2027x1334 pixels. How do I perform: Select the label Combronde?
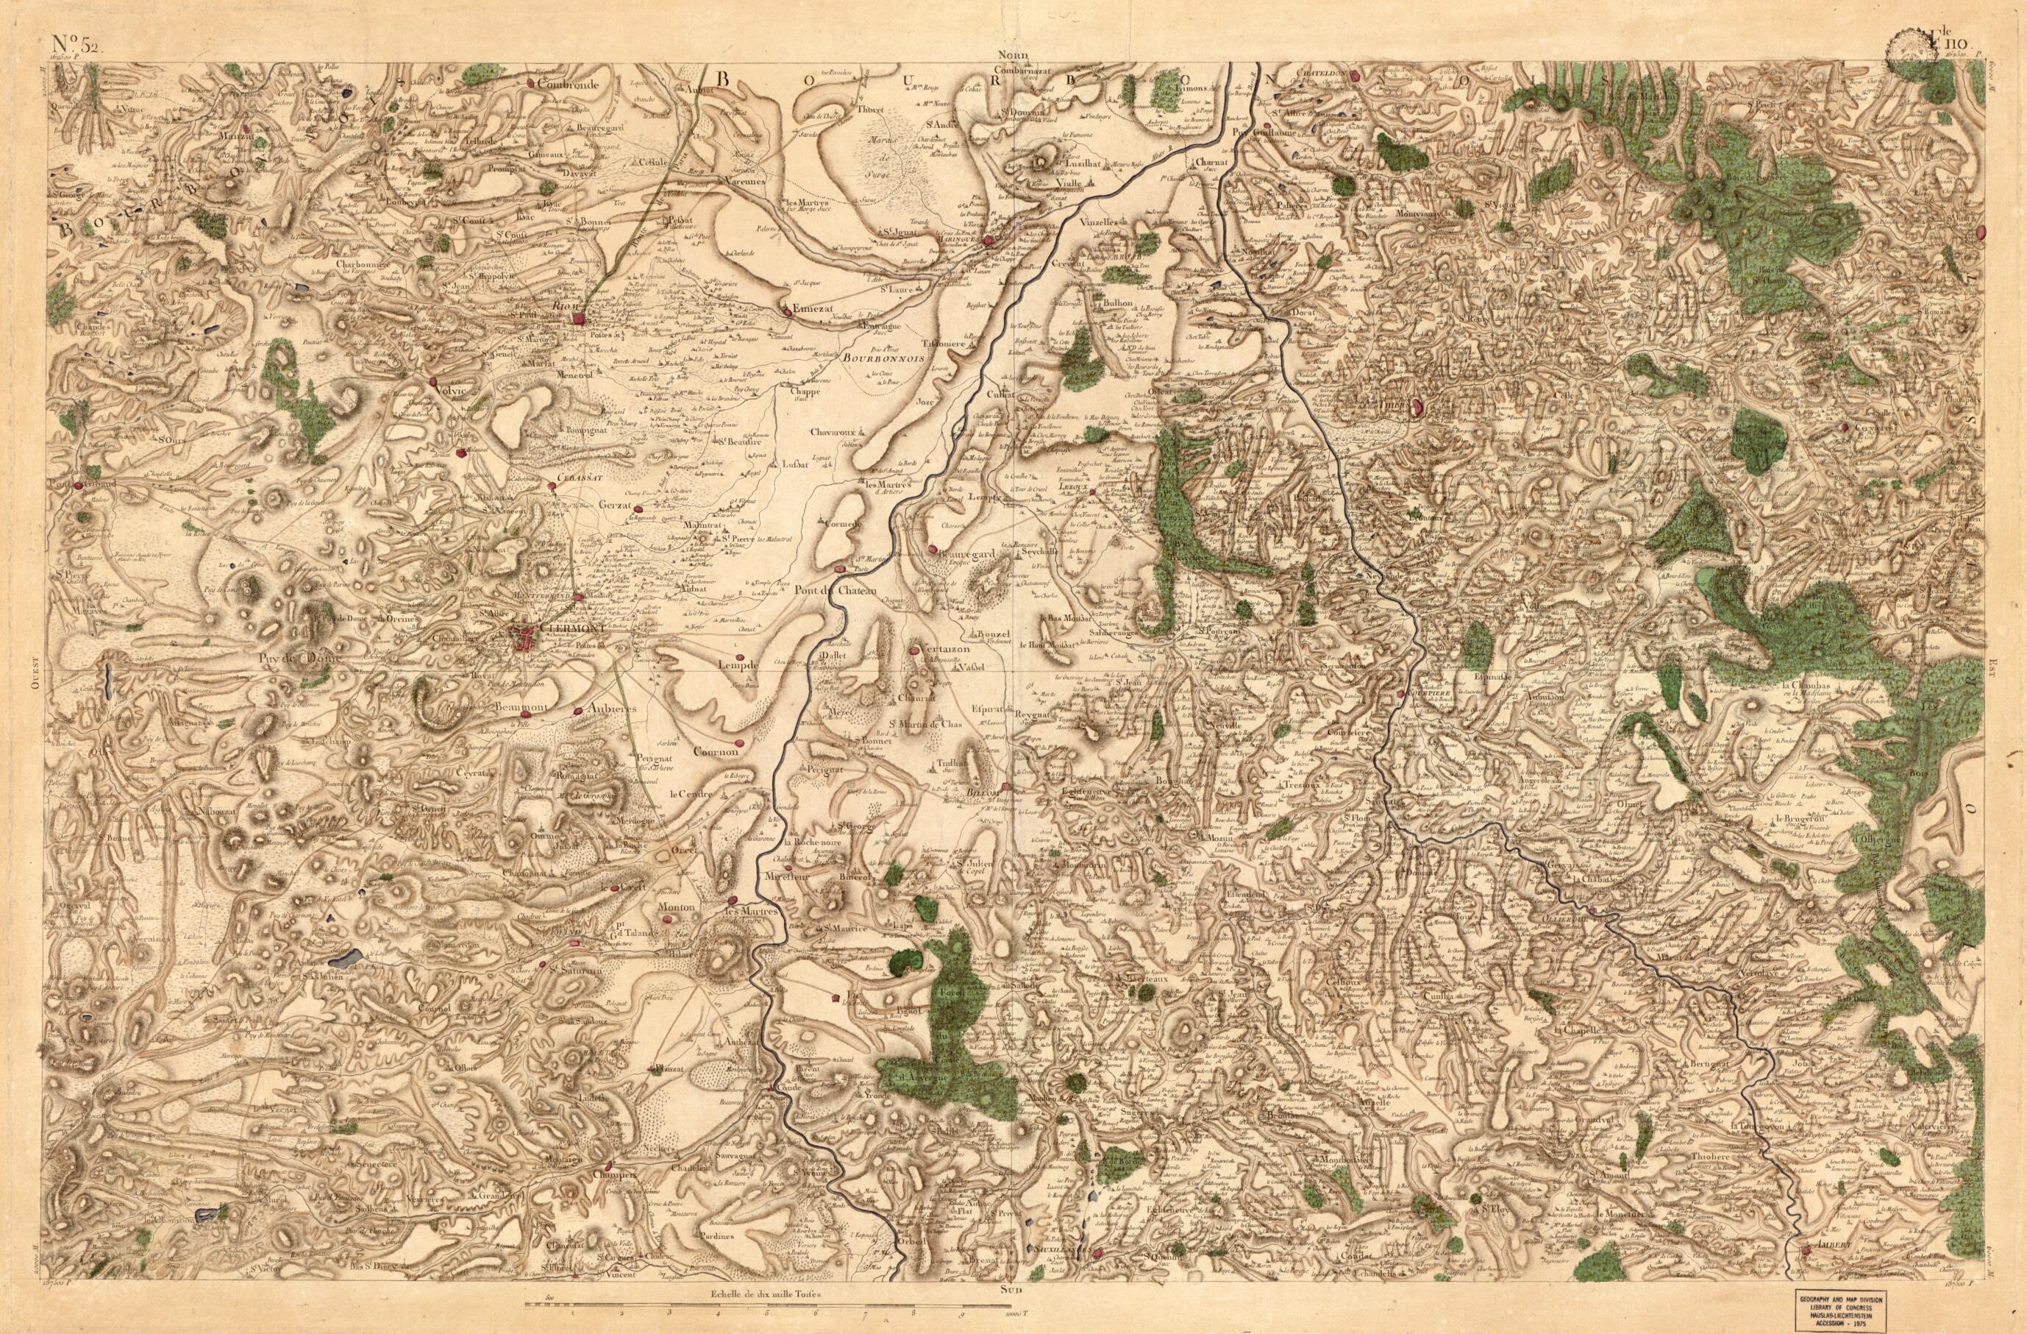570,85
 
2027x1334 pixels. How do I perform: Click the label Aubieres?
614,707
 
